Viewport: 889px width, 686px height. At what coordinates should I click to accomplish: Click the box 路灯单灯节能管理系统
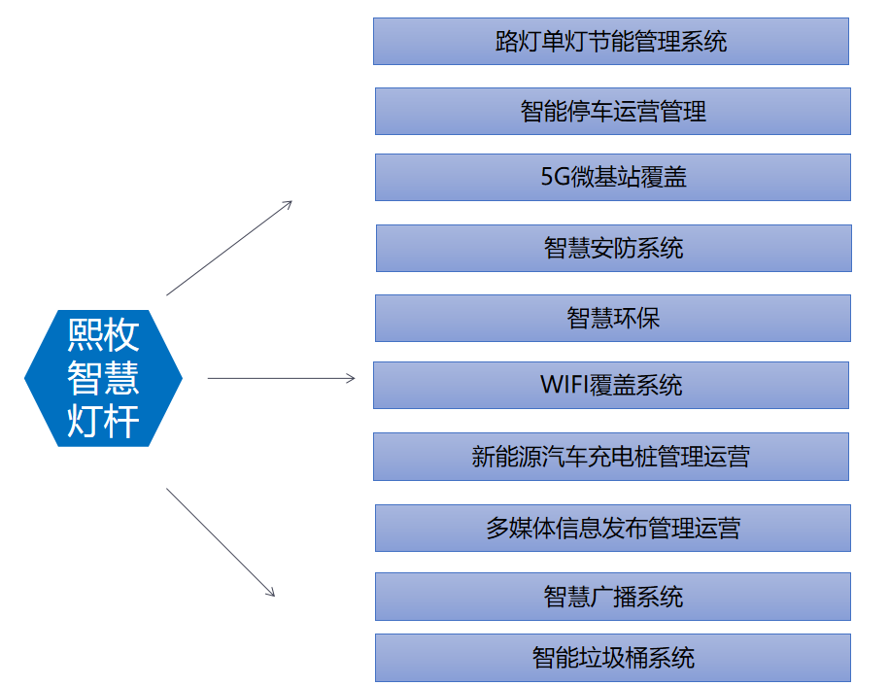[x=610, y=42]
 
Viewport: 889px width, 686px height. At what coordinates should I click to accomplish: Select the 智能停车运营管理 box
[x=613, y=111]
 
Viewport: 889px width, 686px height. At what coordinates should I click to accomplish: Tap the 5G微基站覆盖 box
[x=613, y=177]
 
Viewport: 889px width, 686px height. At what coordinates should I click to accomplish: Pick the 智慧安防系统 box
[x=613, y=249]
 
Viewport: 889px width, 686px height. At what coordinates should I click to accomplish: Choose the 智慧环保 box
[x=613, y=318]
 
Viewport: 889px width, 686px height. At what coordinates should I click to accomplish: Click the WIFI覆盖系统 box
[x=610, y=385]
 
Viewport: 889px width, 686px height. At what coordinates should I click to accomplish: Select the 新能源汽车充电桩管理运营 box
[x=610, y=457]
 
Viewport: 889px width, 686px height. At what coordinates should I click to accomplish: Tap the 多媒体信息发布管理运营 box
[x=613, y=528]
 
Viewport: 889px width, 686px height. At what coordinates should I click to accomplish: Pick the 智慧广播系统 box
[x=613, y=597]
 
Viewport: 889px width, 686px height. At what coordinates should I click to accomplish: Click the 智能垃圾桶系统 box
[x=613, y=658]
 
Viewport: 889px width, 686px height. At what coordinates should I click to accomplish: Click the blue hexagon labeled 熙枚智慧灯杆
[x=103, y=378]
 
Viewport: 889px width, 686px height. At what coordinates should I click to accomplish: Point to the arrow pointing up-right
[x=229, y=248]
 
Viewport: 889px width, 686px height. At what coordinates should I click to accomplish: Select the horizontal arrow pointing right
[x=281, y=378]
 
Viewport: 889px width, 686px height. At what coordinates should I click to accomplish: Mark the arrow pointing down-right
[x=221, y=542]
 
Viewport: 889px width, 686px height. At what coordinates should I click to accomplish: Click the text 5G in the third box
[x=555, y=177]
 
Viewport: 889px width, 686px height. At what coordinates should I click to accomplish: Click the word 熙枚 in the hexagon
[x=103, y=334]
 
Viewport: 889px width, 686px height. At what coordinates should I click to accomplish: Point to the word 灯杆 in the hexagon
[x=103, y=422]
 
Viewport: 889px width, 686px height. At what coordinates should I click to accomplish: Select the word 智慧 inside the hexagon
[x=103, y=378]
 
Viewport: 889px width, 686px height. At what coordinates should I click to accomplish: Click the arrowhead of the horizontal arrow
[x=351, y=378]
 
